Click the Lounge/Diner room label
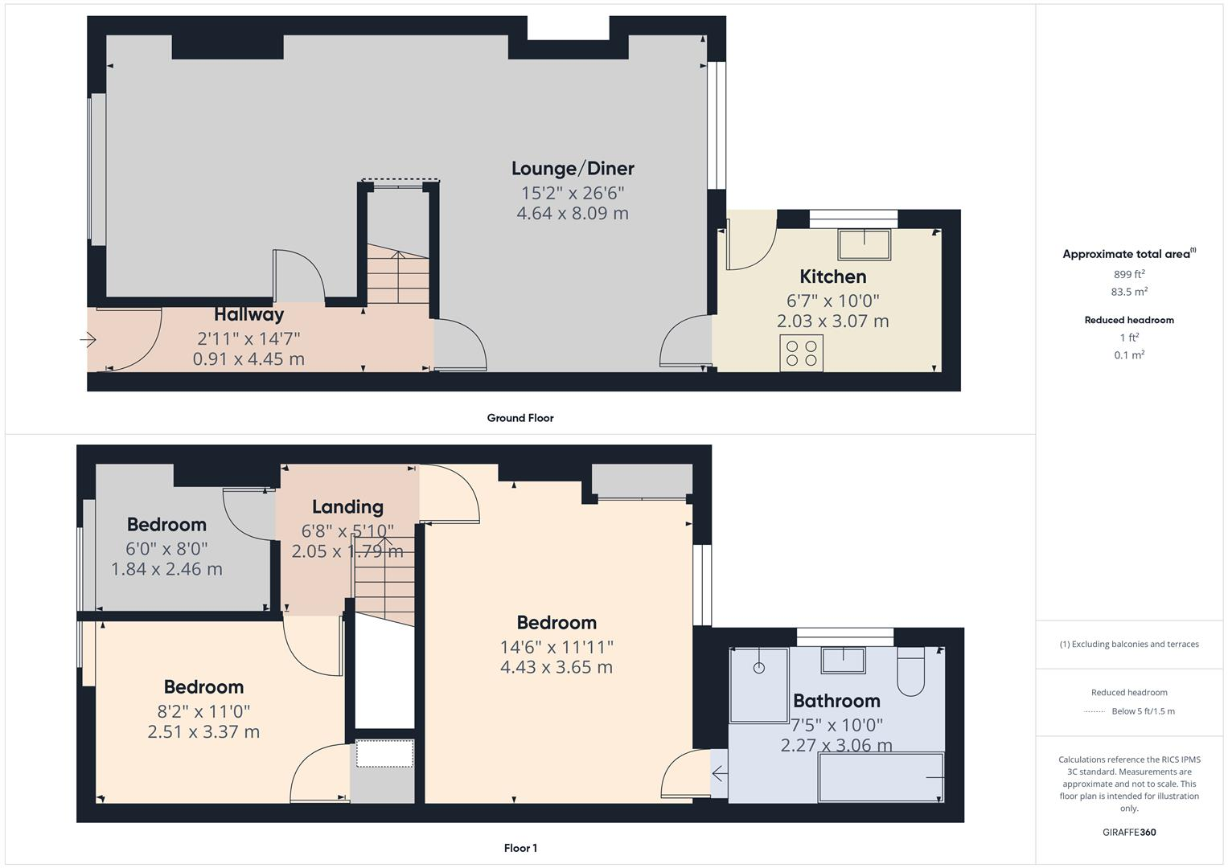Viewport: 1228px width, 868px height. pos(573,168)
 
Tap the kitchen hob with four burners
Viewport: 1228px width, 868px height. pos(801,353)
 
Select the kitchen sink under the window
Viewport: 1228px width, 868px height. pos(864,245)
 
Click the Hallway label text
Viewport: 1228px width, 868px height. pos(248,314)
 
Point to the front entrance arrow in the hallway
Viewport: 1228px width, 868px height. pos(88,341)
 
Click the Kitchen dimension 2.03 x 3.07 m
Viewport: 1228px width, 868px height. pos(832,321)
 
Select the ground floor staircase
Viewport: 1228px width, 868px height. pos(398,277)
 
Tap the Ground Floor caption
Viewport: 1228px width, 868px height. pos(520,418)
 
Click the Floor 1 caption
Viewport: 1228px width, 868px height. pos(520,848)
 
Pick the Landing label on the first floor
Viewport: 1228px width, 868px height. pos(347,506)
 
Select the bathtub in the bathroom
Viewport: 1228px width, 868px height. pos(881,777)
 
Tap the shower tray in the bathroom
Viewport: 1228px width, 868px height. pos(758,685)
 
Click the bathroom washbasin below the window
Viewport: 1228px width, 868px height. pos(843,660)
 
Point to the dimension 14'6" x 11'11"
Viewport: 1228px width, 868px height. pos(557,647)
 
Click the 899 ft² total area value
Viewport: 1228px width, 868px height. pos(1129,274)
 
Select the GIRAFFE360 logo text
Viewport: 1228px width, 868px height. pos(1129,832)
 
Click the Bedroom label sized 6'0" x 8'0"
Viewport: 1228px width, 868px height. pos(166,524)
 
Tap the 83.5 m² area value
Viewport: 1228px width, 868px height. pos(1129,292)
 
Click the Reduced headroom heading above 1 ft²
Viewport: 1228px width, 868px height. pos(1129,320)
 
